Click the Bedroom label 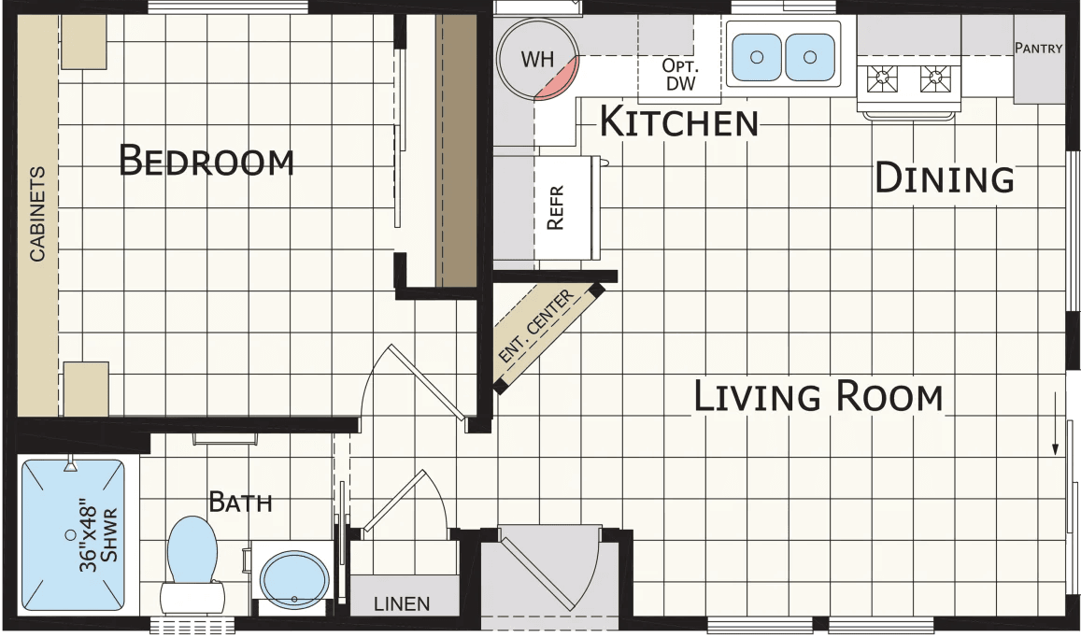[206, 162]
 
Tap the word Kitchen [678, 121]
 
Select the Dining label [944, 177]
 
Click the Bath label [240, 503]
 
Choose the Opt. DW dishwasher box [679, 75]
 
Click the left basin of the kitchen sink [757, 57]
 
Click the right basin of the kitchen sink [809, 57]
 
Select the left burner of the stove [881, 80]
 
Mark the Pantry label [1038, 49]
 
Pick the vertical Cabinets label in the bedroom [37, 214]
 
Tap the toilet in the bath [192, 560]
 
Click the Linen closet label [402, 603]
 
